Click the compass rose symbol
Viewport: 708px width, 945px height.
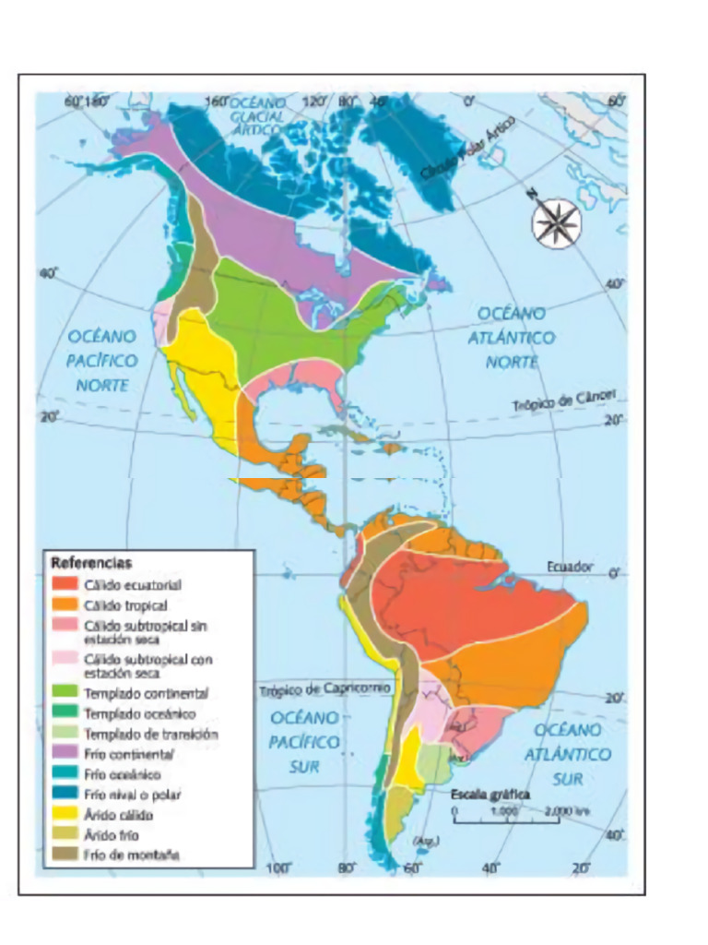point(557,222)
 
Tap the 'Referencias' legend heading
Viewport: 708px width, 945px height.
point(91,562)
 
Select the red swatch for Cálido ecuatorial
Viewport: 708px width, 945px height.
point(64,584)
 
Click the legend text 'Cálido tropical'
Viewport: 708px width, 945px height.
point(125,605)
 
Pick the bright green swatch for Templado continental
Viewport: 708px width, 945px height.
point(64,692)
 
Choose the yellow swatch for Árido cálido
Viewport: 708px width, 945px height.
point(64,815)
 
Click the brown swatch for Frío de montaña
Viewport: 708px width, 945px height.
point(64,855)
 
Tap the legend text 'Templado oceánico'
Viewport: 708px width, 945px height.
point(139,713)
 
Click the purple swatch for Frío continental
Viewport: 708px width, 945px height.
point(64,754)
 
